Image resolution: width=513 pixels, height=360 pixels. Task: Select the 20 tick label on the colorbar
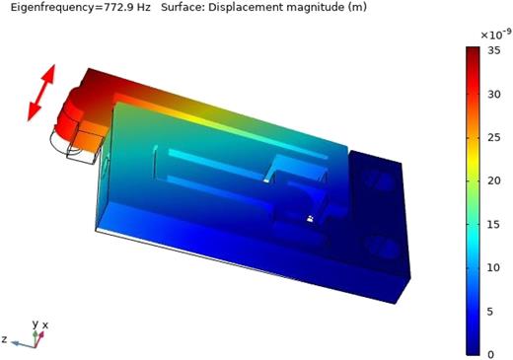pos(497,181)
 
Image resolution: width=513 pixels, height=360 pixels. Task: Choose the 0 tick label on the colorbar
pos(494,352)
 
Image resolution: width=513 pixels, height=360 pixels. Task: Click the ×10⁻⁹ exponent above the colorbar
pos(493,35)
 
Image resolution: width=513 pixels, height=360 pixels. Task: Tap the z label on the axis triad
pos(4,338)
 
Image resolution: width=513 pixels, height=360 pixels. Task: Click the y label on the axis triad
pos(35,323)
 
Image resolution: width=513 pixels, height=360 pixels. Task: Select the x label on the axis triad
pos(45,324)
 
